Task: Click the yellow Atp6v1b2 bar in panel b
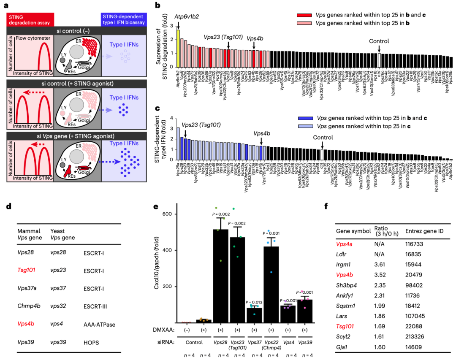point(178,49)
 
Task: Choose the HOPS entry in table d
point(91,343)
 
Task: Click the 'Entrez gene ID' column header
point(423,231)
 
